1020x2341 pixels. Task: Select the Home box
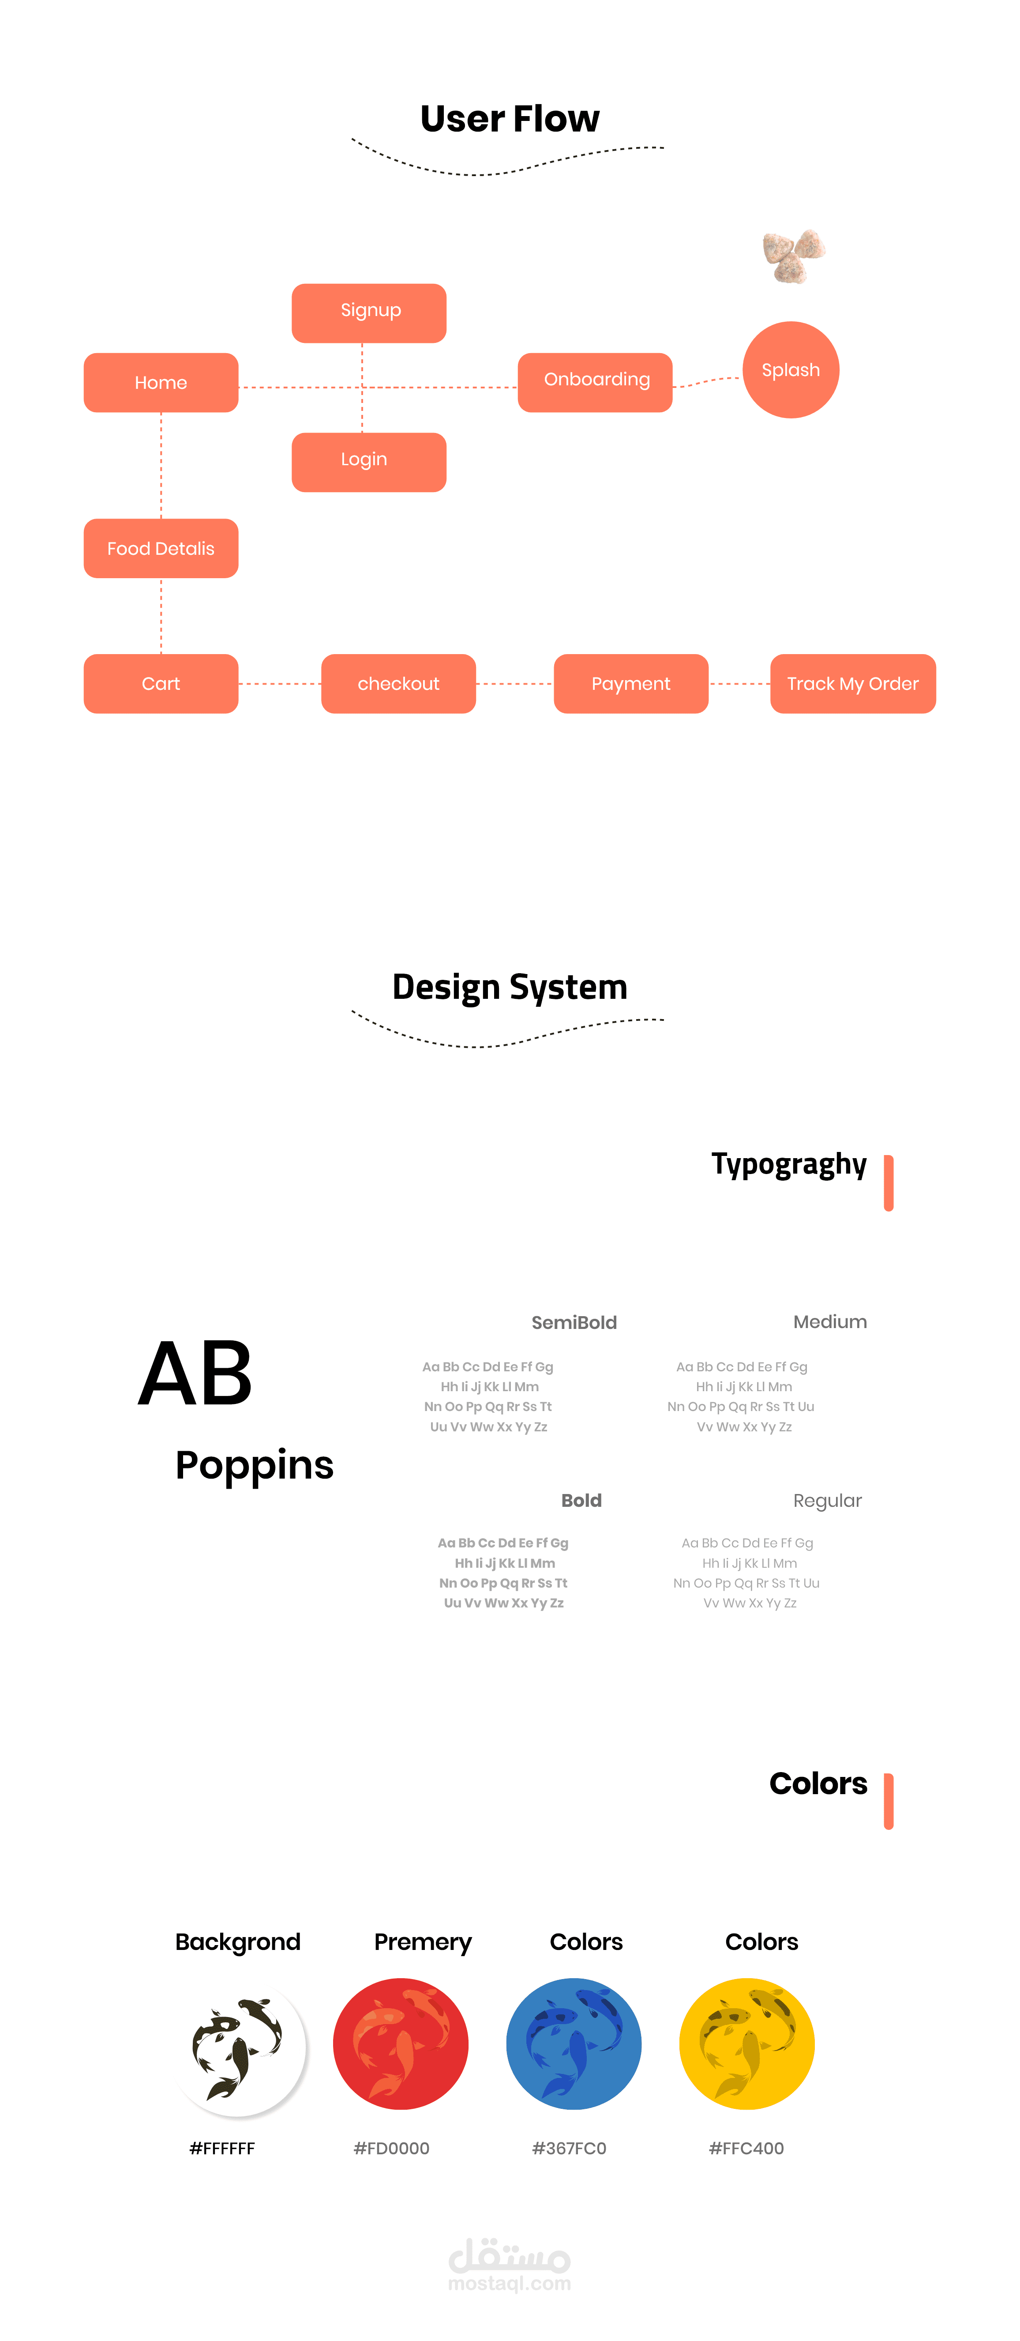[x=161, y=383]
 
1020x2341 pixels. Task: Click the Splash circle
[x=790, y=370]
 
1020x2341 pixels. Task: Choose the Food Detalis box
[x=161, y=548]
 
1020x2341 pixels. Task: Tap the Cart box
[x=161, y=683]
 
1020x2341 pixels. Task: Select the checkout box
[x=398, y=683]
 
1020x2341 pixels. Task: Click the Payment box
[x=630, y=683]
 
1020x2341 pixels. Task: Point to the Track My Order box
[x=852, y=683]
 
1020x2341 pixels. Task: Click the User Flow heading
[x=510, y=119]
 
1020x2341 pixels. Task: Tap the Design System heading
[x=510, y=987]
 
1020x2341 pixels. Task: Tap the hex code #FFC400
[x=746, y=2148]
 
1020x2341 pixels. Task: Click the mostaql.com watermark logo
[x=510, y=2265]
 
